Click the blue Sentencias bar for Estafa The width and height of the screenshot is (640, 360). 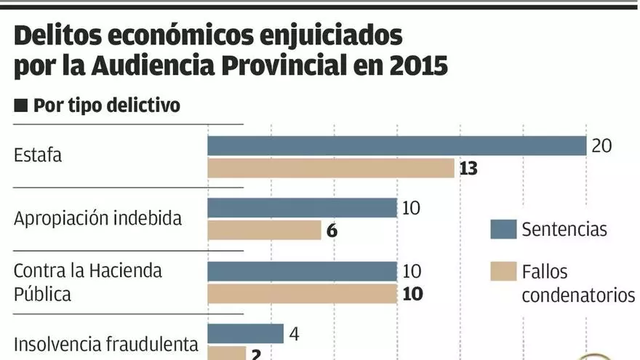396,145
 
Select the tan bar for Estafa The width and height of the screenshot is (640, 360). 331,169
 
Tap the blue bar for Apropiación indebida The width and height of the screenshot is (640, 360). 302,208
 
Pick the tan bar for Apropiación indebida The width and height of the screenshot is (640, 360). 264,231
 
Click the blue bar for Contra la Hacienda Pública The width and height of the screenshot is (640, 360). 302,271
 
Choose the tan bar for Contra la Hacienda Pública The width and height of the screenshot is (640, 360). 302,294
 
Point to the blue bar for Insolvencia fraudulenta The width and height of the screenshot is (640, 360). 245,334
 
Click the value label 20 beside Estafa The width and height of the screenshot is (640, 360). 601,145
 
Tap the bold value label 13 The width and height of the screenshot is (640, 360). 468,169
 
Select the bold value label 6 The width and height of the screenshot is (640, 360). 332,231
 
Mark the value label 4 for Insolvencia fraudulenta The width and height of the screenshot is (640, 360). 295,335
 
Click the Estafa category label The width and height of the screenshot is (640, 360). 38,155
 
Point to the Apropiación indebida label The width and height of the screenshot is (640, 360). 97,218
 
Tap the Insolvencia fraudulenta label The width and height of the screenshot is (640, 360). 106,344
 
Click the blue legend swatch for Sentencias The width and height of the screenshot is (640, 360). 503,229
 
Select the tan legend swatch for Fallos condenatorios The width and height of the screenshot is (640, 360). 503,271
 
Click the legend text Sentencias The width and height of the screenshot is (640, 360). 564,230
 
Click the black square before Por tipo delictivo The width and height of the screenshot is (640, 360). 20,105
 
